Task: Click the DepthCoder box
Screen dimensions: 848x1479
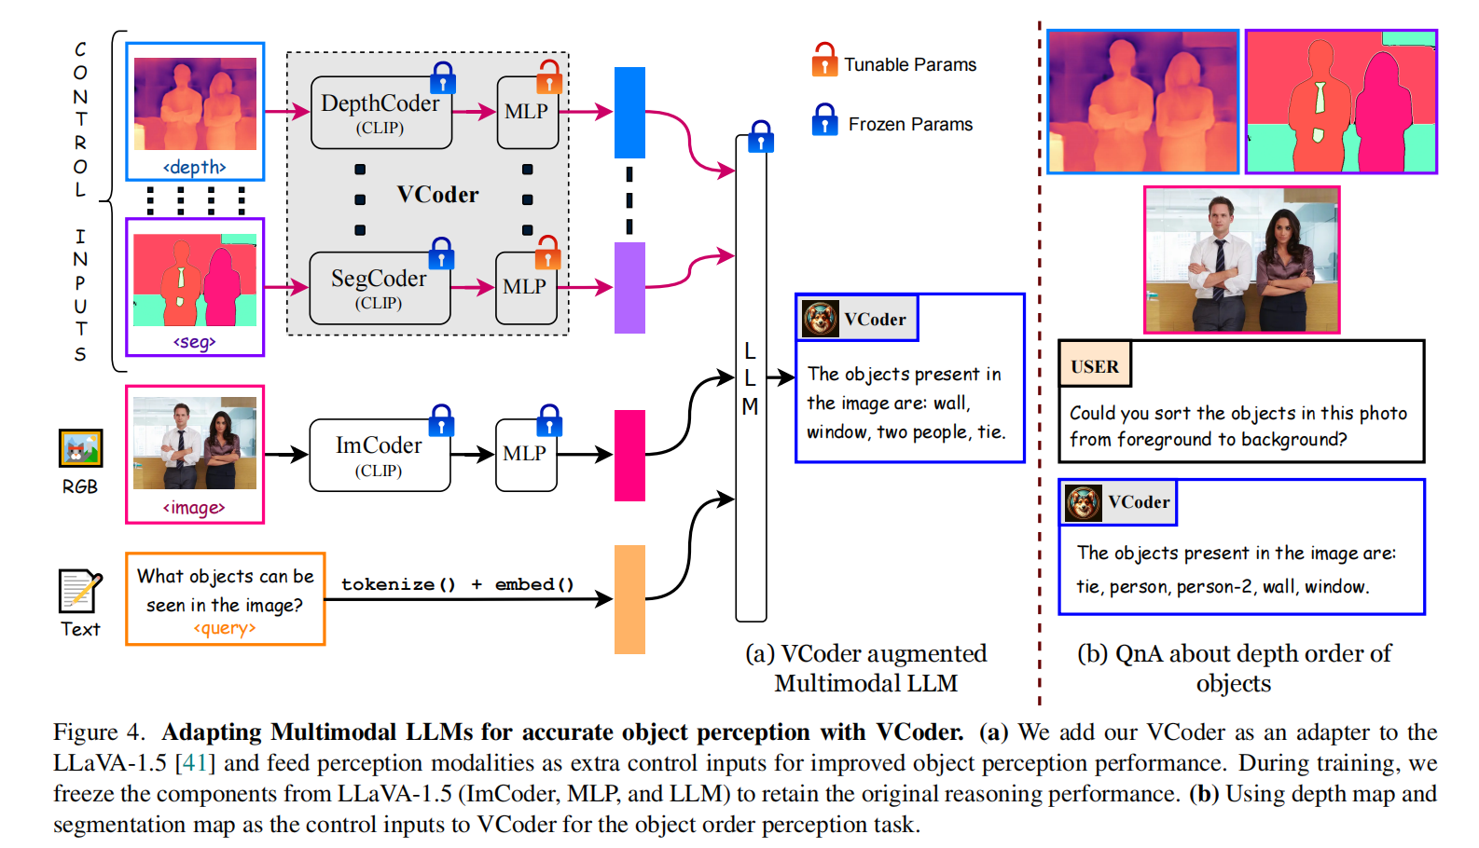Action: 380,113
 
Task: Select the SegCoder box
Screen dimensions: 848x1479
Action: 379,288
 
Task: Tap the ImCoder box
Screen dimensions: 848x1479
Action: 379,455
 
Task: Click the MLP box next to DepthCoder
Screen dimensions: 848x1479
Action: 527,112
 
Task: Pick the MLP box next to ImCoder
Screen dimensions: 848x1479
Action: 525,454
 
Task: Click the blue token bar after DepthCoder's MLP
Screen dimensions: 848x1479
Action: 629,113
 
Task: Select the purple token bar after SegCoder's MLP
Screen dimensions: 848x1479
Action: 629,287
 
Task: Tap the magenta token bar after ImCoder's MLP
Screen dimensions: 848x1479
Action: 629,455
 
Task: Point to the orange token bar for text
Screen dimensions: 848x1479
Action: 629,598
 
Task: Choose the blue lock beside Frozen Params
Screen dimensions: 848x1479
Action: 824,120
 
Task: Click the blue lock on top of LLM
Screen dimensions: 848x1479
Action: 761,136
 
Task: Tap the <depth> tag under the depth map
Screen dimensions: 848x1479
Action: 195,167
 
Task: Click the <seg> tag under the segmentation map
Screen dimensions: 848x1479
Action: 195,342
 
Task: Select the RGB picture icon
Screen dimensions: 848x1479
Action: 80,449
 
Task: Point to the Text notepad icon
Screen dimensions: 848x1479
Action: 79,591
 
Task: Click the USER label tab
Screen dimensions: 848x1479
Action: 1095,366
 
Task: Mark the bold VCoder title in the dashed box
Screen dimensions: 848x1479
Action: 437,195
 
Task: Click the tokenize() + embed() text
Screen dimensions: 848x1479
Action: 457,584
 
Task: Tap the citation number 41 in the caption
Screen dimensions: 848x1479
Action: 195,763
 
